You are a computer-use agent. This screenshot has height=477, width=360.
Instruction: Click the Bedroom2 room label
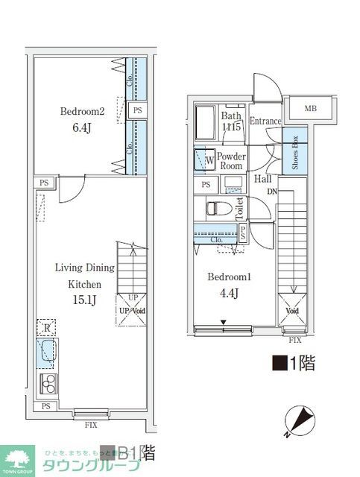tap(82, 112)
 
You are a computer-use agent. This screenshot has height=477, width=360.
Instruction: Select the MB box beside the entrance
tap(310, 109)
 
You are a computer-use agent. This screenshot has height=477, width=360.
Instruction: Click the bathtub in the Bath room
tap(205, 122)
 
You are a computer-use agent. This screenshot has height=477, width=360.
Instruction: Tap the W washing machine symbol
tap(203, 160)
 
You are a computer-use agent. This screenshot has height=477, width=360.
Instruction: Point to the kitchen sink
tap(48, 352)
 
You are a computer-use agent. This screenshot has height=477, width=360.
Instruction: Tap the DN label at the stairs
tap(274, 192)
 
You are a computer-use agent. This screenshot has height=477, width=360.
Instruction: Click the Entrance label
tap(265, 121)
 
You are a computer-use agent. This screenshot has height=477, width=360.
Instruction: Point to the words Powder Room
tap(232, 162)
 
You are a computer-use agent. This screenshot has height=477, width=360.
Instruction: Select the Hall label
tap(262, 179)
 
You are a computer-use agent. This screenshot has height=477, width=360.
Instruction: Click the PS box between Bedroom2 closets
tap(136, 110)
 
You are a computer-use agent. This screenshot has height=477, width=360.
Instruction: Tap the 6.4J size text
tap(81, 129)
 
